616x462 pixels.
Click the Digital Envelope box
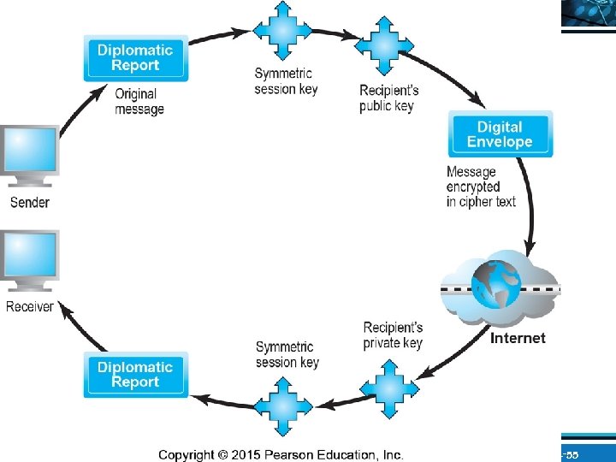500,134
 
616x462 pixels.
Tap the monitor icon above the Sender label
29,156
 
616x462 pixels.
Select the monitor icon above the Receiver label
29,261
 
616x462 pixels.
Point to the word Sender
30,202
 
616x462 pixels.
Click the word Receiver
30,306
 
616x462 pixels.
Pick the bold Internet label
518,338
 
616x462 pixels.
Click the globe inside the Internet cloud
496,284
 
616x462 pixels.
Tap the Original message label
139,102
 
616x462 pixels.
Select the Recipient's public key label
389,98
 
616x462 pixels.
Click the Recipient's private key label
393,335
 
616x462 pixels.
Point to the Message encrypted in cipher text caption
481,187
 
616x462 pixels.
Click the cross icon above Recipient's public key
384,45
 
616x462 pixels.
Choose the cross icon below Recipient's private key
389,389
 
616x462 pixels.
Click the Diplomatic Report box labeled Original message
136,58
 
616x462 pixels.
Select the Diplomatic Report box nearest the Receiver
136,375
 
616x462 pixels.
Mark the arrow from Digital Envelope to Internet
530,204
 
